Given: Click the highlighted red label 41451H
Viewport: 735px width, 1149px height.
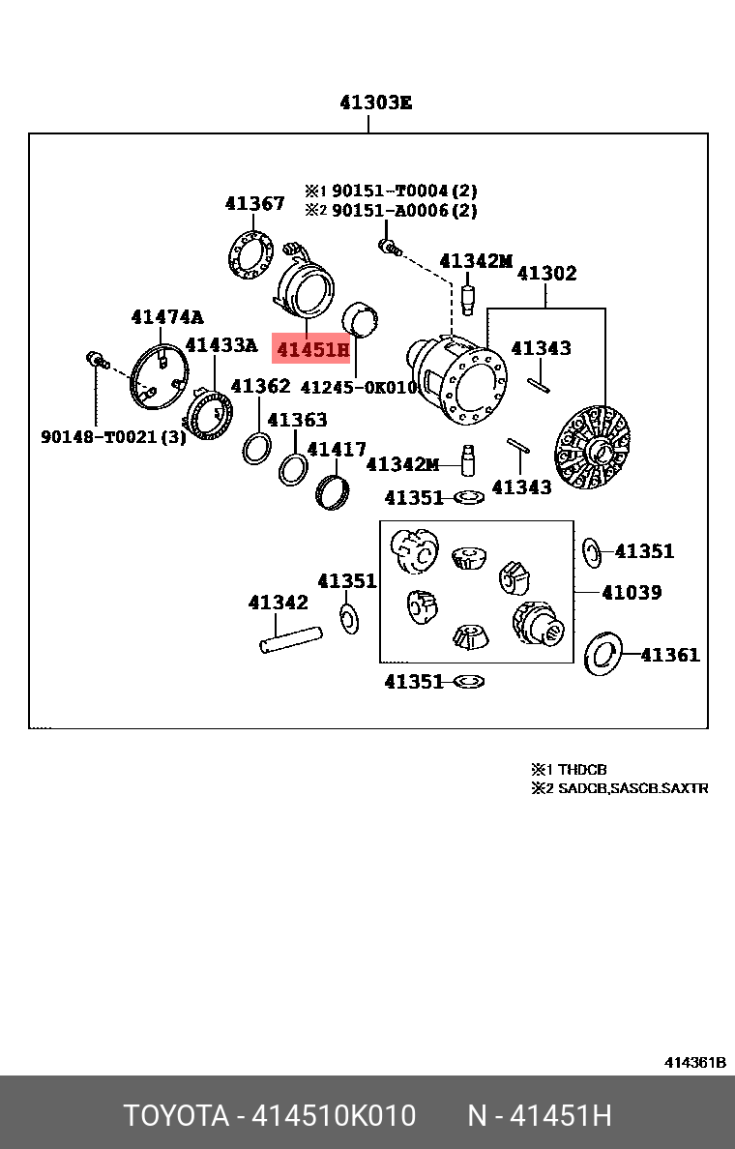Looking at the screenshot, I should (x=311, y=349).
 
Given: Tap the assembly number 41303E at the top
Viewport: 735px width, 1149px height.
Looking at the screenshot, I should (x=375, y=103).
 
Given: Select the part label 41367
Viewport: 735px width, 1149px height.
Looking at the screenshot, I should (x=254, y=203).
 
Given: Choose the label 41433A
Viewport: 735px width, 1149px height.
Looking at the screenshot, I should (x=221, y=345).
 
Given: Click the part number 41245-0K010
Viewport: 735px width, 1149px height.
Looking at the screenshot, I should (x=358, y=387).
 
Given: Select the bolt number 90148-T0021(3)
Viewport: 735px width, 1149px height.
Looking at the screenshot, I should (x=113, y=437).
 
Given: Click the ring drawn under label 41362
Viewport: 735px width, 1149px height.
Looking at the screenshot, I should (x=256, y=449).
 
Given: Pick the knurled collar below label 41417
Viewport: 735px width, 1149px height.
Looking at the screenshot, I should (x=332, y=492).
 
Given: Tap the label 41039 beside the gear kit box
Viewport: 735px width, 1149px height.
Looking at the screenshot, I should (x=632, y=592).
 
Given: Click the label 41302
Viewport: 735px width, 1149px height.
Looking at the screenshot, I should (x=546, y=274).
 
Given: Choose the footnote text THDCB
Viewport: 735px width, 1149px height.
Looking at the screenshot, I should (x=582, y=770).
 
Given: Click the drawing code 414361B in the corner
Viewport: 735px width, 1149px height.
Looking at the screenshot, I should (x=694, y=1062).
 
